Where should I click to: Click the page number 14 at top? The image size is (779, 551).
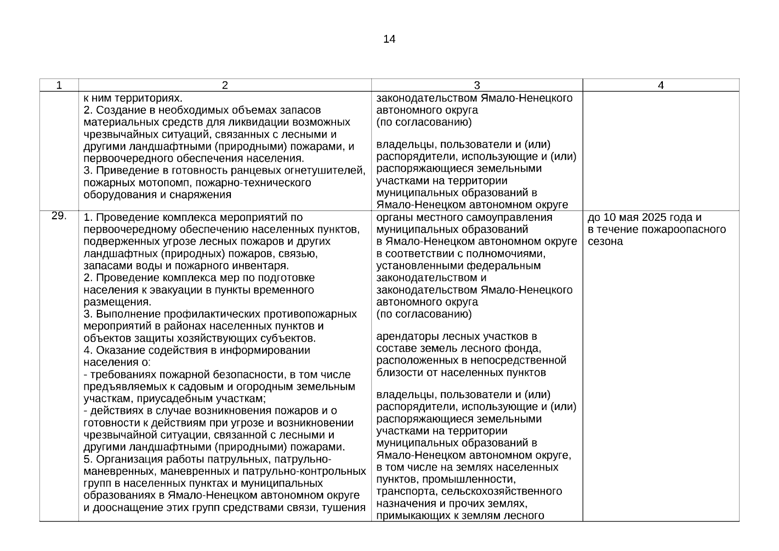coord(389,39)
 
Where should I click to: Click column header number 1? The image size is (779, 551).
coord(59,85)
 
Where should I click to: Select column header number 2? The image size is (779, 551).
coord(224,85)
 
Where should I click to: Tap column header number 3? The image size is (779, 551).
coord(476,85)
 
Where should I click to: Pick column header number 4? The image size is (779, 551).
coord(661,85)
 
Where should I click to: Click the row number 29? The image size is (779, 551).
coord(59,216)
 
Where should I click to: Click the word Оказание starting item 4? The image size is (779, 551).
coord(116,350)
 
